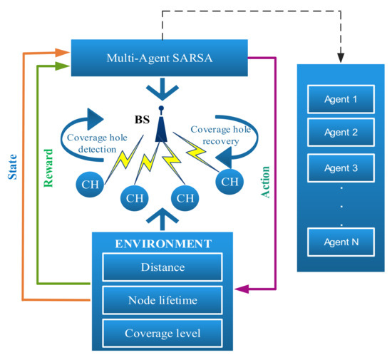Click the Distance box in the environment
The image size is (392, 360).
163,267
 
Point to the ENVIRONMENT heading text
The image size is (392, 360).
164,245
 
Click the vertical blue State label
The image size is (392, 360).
12,164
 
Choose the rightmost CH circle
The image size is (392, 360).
228,181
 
